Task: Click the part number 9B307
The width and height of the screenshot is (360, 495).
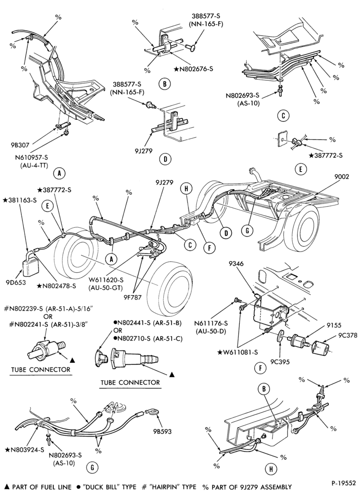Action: [x=20, y=145]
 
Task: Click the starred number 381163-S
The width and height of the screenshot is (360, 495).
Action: [x=20, y=200]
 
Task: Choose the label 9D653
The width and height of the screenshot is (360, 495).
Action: [x=16, y=283]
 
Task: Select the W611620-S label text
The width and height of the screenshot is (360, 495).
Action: [x=106, y=279]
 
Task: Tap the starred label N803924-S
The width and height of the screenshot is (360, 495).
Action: [x=25, y=450]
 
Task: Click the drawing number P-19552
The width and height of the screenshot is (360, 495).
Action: [x=344, y=483]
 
